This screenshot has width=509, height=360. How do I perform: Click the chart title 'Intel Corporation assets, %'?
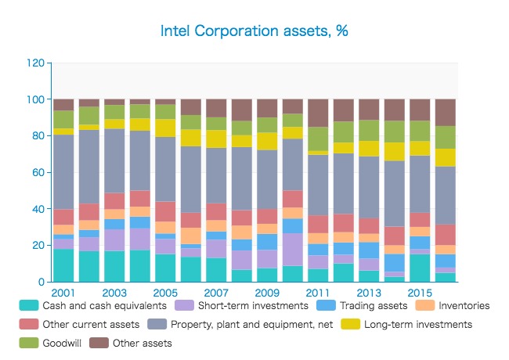[254, 31]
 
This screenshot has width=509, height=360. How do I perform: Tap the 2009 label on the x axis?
[267, 292]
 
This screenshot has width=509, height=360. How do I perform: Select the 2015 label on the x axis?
[420, 292]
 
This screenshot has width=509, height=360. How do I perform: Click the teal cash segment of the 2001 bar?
[63, 265]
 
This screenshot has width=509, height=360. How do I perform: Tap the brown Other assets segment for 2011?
[318, 113]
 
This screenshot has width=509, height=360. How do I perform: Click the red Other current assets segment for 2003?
[114, 201]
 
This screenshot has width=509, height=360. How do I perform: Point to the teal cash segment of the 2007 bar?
[216, 270]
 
